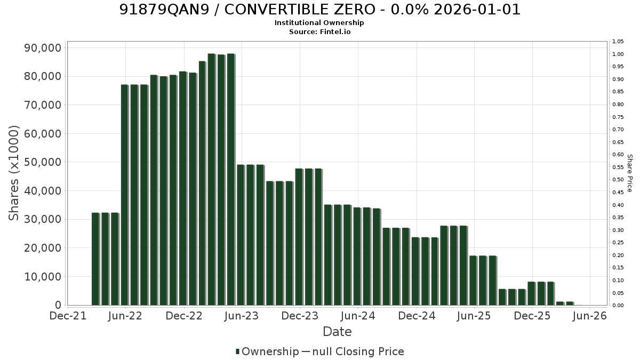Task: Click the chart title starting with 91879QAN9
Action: point(319,10)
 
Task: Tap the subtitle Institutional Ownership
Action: point(319,23)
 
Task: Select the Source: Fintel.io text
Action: point(319,31)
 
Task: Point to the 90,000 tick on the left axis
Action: point(43,47)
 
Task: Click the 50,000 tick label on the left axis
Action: point(43,162)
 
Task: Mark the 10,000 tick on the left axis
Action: point(43,277)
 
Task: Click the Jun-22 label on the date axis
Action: point(125,316)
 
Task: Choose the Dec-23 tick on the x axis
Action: point(300,316)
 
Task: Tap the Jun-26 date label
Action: point(590,316)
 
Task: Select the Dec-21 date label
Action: point(68,316)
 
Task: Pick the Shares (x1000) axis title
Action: point(13,173)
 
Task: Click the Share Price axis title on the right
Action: point(630,173)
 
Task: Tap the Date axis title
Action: point(337,332)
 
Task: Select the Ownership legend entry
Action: point(267,351)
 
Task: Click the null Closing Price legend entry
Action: point(353,351)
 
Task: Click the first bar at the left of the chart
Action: point(95,259)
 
